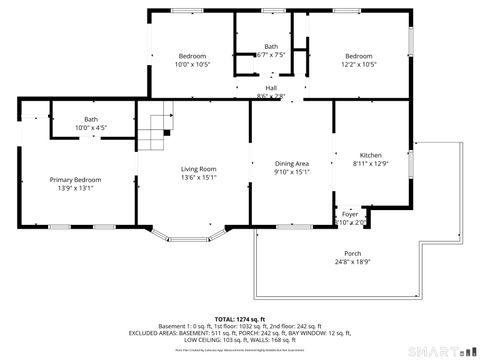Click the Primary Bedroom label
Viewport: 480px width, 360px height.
[76, 180]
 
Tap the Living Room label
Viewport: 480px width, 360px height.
[198, 169]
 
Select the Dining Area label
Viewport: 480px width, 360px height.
[292, 163]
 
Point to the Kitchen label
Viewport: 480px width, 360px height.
[371, 155]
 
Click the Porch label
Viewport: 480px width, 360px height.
[353, 253]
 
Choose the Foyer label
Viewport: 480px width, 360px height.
[350, 214]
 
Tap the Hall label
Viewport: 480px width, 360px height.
[271, 88]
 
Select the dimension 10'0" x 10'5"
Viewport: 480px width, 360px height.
[192, 64]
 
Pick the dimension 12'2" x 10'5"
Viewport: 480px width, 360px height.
[359, 64]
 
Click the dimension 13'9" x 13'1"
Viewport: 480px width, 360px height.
[76, 188]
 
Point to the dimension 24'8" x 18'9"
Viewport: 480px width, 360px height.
[353, 262]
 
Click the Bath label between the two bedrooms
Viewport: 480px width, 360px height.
[271, 46]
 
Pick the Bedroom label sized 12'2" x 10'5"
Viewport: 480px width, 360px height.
[359, 56]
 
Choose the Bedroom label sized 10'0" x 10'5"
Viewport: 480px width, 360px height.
[192, 56]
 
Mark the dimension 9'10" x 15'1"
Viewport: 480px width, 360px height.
[292, 172]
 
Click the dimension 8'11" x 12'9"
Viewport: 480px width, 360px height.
[371, 163]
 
